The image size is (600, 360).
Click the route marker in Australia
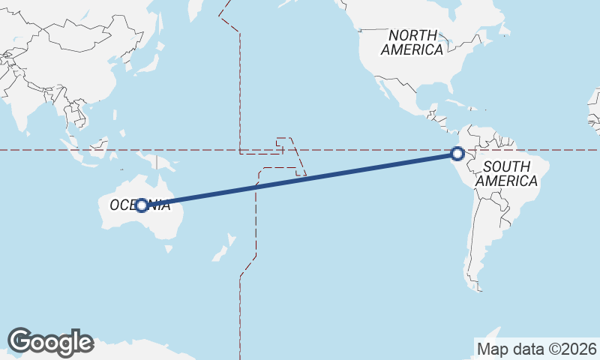coord(141,204)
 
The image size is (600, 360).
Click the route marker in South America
coord(457,154)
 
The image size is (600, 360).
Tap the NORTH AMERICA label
coord(412,43)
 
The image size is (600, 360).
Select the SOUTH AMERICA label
coord(507,173)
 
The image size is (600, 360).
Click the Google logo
coord(50,342)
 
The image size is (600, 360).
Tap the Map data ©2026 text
coord(536,349)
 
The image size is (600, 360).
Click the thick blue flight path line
coord(300,178)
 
